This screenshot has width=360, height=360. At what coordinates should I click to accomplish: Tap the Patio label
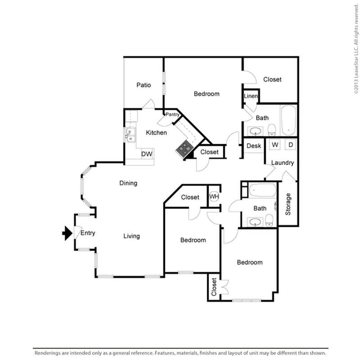coord(144,85)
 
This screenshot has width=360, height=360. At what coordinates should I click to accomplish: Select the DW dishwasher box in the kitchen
coord(147,154)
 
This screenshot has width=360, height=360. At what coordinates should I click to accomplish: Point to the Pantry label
coord(173,115)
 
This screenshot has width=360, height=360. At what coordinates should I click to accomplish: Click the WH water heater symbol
coord(214,197)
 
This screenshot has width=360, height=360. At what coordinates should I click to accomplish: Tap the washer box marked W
coord(275,145)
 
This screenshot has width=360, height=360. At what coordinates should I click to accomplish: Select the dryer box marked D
coord(290,145)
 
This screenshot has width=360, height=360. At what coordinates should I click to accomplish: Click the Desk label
coord(254,146)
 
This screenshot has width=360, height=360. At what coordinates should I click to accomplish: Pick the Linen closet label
coord(251,96)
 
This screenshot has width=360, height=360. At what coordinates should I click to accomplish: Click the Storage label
coord(288,204)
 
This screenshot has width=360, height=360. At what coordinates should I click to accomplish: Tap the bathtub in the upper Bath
coord(288,120)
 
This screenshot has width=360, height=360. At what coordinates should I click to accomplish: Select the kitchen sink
coord(130,134)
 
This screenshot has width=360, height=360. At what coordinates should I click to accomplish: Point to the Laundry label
coord(283,163)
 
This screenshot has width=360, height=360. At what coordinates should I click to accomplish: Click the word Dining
coord(128,183)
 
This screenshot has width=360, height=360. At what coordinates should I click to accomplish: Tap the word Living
coord(132,236)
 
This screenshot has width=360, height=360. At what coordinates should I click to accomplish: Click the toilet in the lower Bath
coord(269,220)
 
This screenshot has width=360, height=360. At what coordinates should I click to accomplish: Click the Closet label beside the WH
coord(190,197)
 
